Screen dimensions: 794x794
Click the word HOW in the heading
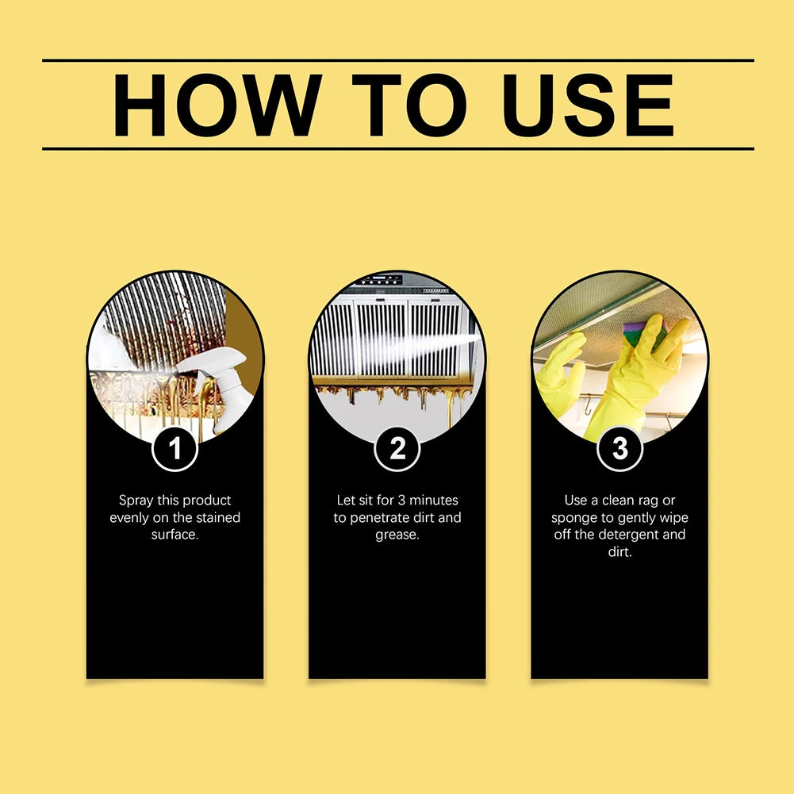point(216,105)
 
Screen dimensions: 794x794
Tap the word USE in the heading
point(588,105)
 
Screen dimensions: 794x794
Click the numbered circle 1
point(175,450)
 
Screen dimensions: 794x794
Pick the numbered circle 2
point(397,450)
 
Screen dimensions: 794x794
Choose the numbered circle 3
point(619,450)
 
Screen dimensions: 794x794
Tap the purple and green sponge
point(642,334)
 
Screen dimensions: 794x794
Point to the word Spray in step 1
point(137,501)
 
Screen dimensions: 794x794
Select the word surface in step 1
point(174,535)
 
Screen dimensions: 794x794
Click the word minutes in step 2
point(435,501)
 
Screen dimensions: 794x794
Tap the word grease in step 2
point(397,535)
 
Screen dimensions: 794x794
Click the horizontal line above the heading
point(397,60)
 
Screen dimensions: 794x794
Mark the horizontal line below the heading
point(397,148)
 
